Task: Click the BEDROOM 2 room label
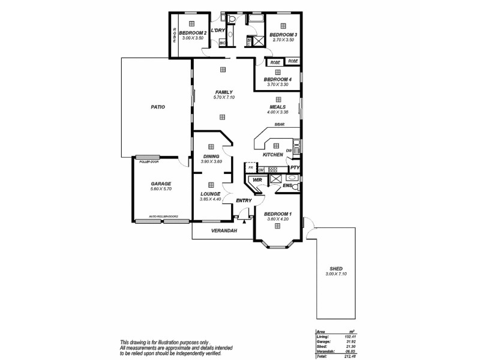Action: point(193,32)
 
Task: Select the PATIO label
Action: point(158,107)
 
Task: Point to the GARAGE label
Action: point(161,184)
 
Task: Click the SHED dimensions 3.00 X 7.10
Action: point(336,274)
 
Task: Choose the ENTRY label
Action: point(244,200)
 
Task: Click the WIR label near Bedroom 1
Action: point(257,179)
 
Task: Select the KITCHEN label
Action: point(272,155)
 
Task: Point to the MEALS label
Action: point(277,107)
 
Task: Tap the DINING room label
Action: point(211,156)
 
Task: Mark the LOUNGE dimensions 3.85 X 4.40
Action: point(211,199)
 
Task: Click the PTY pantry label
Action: point(294,168)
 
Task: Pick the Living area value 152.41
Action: point(346,337)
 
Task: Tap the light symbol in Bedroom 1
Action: point(278,226)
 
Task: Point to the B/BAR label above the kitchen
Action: point(279,125)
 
